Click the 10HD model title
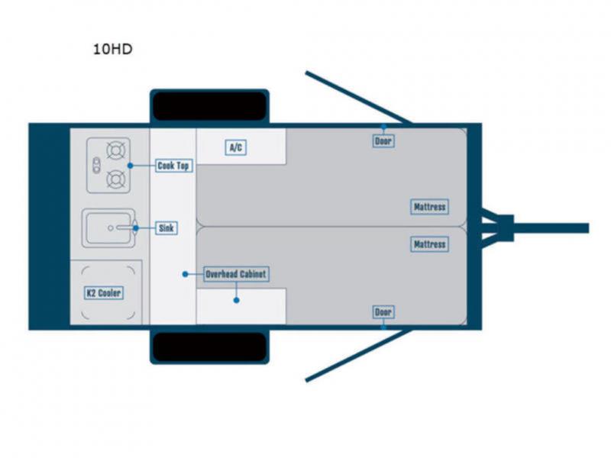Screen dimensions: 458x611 tap(112, 50)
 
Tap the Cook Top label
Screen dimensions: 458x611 tap(173, 165)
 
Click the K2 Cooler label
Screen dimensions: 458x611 tap(103, 292)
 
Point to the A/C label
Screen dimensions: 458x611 tap(236, 147)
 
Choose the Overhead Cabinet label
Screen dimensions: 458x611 tap(237, 274)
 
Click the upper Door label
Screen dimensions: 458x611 tap(383, 140)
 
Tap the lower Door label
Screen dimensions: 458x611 tap(383, 311)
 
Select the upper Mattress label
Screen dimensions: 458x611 tap(429, 207)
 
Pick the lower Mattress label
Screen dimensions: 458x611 tap(429, 244)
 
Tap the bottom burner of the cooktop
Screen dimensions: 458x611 tap(116, 180)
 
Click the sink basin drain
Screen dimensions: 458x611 tap(112, 227)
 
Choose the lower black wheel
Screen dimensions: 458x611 tap(209, 347)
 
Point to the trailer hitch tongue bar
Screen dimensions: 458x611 tap(550, 227)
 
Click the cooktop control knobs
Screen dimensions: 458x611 tap(96, 164)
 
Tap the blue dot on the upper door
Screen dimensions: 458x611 tap(383, 127)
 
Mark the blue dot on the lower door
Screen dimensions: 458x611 tap(383, 327)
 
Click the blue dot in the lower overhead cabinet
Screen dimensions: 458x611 tap(237, 301)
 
